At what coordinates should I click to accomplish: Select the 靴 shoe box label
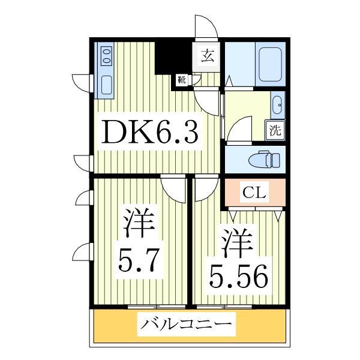coord(180,79)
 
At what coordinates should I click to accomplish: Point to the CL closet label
coord(254,193)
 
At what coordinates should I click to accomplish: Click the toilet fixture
coord(264,160)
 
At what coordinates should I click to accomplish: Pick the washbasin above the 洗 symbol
coord(278,107)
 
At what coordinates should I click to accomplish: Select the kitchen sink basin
coord(107,85)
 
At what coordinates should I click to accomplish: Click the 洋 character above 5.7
coord(139,224)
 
